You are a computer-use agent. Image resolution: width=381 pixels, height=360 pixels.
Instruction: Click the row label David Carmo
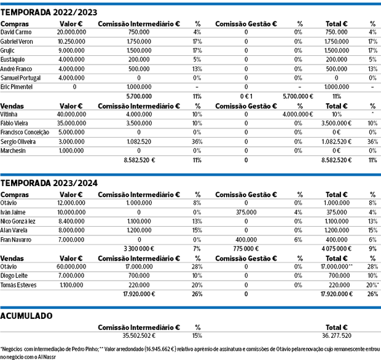17,31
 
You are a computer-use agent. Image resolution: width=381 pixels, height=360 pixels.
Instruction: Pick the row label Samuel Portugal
22,77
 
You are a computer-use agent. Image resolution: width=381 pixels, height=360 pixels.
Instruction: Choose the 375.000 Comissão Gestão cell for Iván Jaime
246,211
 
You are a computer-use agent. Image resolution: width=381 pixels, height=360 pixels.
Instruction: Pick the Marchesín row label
15,150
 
